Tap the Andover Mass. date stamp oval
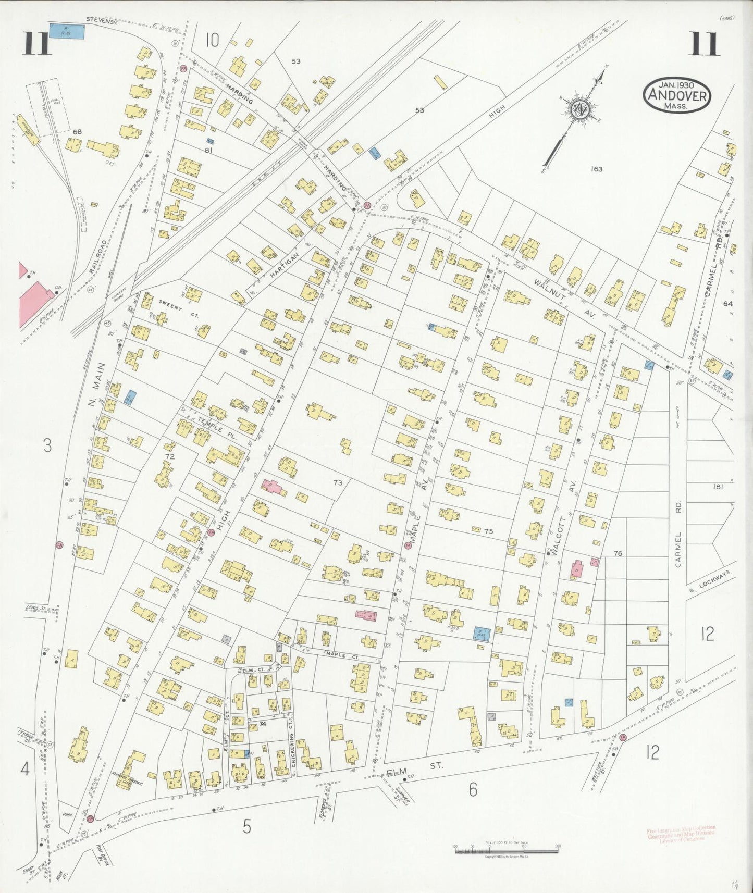(677, 95)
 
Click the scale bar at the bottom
(506, 850)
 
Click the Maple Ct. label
(342, 654)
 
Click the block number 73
(338, 483)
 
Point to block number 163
(597, 169)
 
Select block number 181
(718, 487)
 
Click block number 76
(618, 554)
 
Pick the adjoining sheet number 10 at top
(212, 40)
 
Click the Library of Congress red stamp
(681, 833)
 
